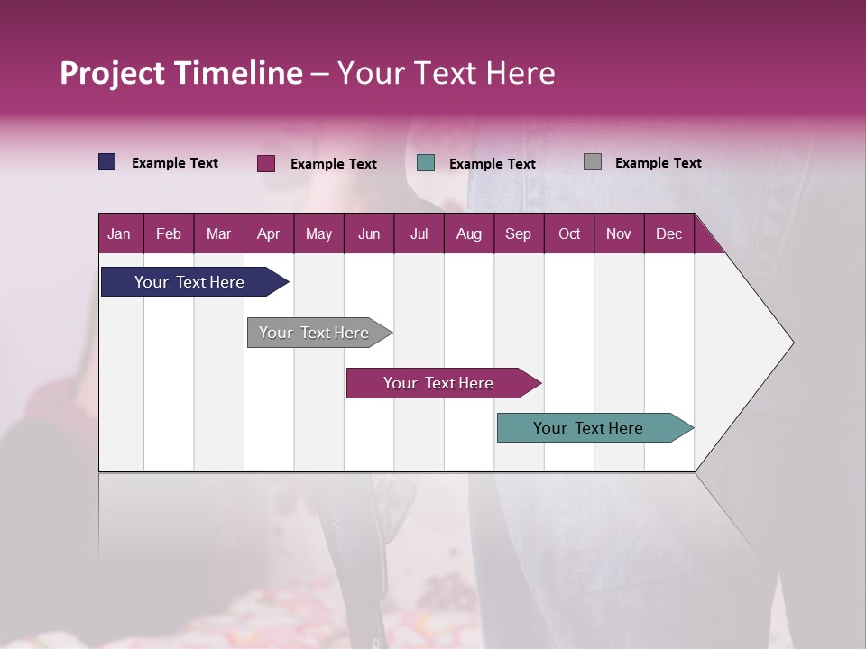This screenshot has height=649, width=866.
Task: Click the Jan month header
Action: point(119,233)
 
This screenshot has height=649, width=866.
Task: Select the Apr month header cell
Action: point(268,233)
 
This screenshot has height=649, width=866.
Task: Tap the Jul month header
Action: point(419,233)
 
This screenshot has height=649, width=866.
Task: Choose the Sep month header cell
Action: point(518,233)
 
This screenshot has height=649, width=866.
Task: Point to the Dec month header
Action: point(668,233)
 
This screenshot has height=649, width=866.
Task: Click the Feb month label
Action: point(169,233)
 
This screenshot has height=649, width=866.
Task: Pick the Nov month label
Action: point(618,233)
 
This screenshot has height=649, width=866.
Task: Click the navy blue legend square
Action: point(107,162)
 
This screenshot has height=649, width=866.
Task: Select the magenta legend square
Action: point(266,163)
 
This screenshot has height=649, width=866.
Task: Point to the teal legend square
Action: point(426,163)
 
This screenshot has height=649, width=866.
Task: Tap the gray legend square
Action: point(593,162)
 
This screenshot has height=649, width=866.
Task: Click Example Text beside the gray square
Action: point(658,163)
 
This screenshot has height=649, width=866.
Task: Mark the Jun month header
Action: point(369,233)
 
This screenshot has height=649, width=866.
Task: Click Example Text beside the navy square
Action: point(175,163)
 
